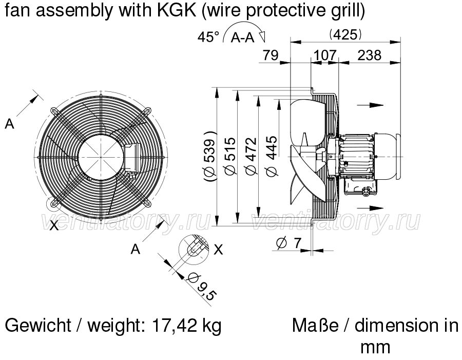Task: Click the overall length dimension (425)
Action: (x=345, y=35)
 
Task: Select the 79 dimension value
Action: (x=271, y=55)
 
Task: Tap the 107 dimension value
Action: (x=325, y=55)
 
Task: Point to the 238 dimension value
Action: (x=370, y=55)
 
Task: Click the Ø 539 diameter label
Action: (x=210, y=156)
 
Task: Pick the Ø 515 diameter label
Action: (x=230, y=156)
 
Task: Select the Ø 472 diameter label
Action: (x=251, y=156)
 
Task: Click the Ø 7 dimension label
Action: (x=290, y=243)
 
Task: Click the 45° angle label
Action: (x=208, y=37)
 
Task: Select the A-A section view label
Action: (x=242, y=37)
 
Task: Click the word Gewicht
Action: (x=38, y=326)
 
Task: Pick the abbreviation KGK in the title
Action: (x=177, y=10)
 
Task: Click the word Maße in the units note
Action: (x=315, y=326)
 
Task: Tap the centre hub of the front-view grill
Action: (x=101, y=158)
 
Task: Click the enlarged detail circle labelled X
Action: (x=194, y=250)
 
